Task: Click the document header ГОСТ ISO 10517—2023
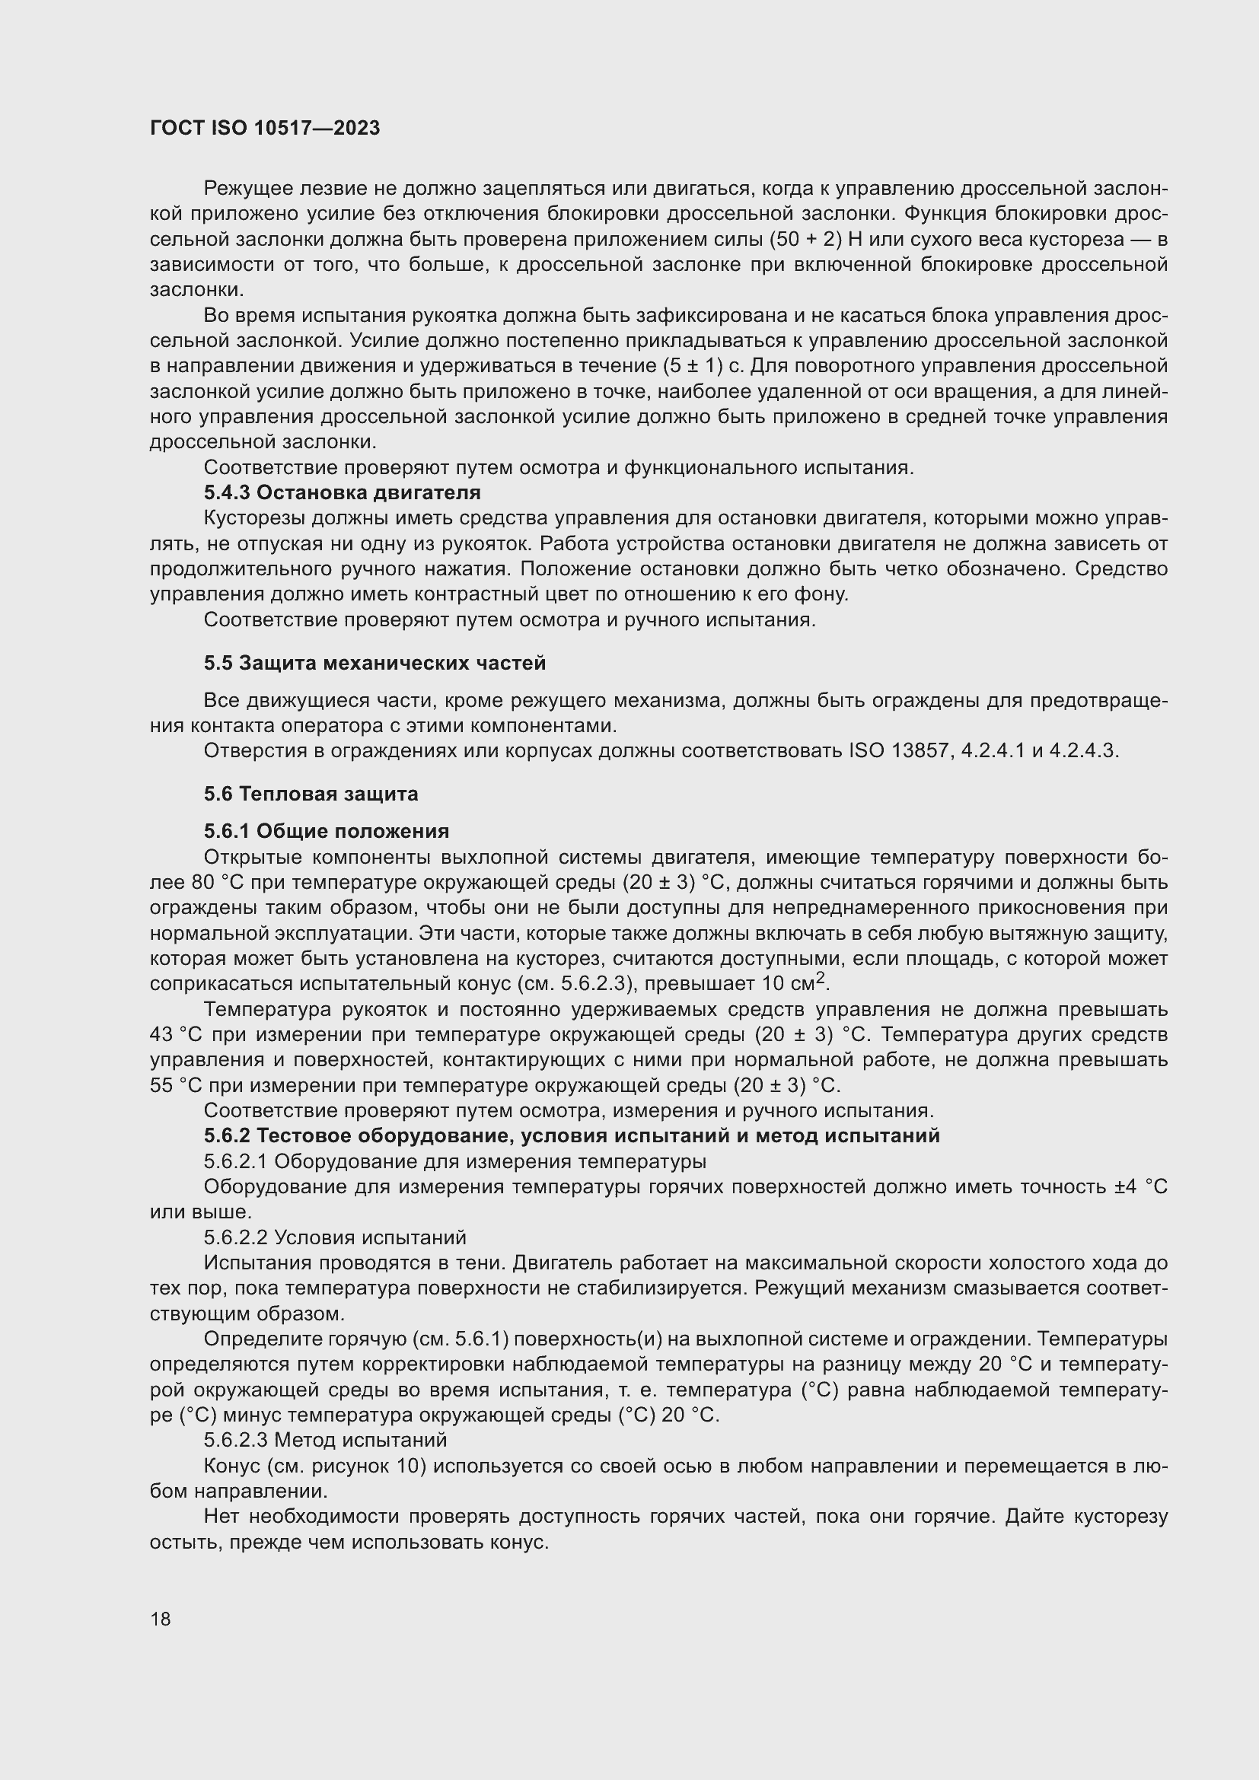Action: tap(265, 128)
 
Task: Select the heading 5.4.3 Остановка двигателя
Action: tap(342, 492)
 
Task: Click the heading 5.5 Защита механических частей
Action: tap(375, 663)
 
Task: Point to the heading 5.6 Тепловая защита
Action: tap(311, 794)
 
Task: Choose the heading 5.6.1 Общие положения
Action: tap(327, 831)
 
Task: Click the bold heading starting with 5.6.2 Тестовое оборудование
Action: tap(572, 1135)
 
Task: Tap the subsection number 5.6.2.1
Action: tap(236, 1161)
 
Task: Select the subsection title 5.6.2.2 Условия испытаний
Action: tap(335, 1237)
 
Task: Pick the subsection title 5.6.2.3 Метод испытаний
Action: tap(326, 1440)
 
